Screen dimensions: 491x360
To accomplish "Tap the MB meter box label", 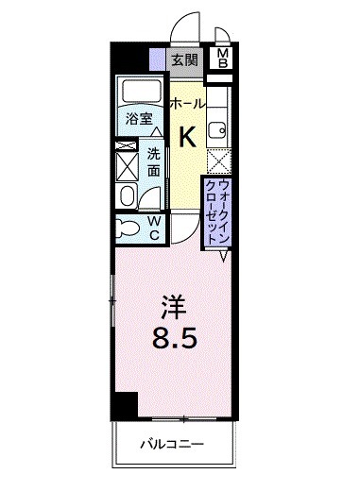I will pyautogui.click(x=223, y=59).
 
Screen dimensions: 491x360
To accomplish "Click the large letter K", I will pyautogui.click(x=187, y=138).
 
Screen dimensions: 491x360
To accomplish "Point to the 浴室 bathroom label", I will pyautogui.click(x=140, y=120).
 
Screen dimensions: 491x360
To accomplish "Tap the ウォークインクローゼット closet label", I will pyautogui.click(x=217, y=210).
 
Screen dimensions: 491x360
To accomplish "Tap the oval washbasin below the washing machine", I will pyautogui.click(x=128, y=195).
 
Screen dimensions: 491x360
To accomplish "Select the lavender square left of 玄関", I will pyautogui.click(x=157, y=59).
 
